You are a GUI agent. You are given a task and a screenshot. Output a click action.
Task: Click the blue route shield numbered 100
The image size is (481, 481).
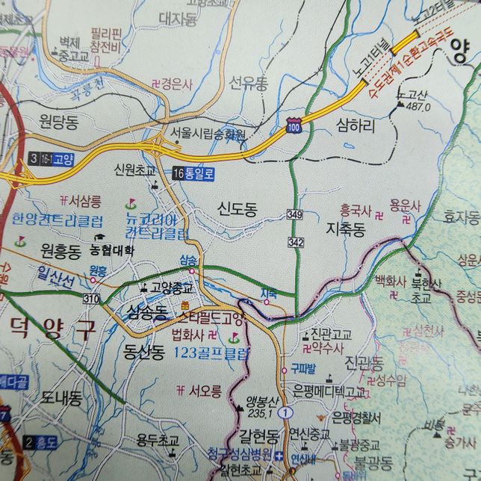coord(294,128)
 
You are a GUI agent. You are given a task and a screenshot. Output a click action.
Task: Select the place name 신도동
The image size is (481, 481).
coord(238,210)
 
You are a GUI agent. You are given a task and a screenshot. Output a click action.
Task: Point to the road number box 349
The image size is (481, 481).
coord(294,215)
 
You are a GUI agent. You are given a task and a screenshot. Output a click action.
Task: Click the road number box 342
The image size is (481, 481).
coord(296,242)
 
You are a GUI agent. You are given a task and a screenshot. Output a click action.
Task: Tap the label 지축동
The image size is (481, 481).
coord(345,229)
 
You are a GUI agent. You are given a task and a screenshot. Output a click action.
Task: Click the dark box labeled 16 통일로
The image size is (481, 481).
coord(193,173)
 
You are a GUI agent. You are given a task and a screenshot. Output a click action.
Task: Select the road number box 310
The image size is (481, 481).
coord(92,299)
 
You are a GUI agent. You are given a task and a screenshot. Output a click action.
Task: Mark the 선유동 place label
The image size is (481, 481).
coord(247,81)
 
